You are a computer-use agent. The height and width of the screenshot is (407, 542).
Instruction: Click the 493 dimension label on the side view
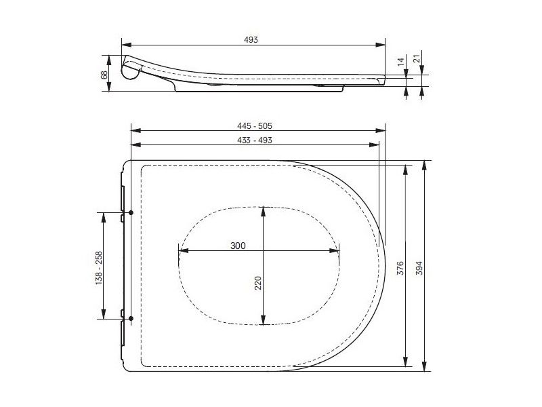tap(251, 40)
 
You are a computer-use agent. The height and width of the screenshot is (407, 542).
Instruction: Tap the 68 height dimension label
tap(104, 75)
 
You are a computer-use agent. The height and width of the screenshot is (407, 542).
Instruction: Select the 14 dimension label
tap(400, 62)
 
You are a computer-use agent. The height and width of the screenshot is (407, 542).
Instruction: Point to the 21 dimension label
tap(418, 59)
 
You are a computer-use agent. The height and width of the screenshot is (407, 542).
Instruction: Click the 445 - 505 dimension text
tap(255, 126)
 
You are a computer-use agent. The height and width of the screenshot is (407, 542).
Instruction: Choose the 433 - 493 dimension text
tap(255, 140)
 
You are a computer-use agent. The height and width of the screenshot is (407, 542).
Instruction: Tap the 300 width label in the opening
tap(238, 246)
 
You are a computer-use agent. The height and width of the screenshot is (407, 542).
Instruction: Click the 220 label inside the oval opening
tap(258, 283)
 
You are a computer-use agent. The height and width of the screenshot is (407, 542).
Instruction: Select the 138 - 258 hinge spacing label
tap(98, 268)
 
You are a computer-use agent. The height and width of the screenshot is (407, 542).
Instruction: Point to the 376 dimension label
tap(400, 268)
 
